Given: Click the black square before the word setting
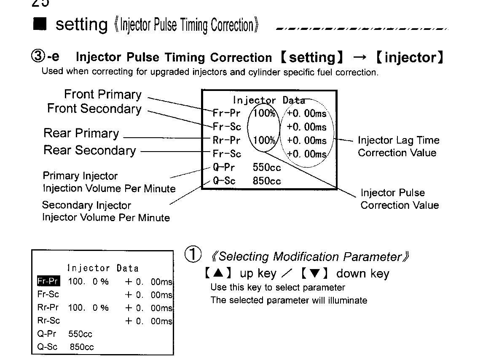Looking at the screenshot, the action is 40,24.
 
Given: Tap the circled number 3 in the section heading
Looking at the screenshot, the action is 38,56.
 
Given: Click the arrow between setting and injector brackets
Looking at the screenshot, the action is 359,57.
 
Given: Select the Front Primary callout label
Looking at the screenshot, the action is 103,94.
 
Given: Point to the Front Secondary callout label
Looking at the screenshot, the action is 94,109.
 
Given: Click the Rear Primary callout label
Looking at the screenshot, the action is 81,133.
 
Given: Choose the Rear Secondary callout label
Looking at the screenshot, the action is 89,150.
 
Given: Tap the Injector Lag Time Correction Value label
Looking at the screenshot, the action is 398,147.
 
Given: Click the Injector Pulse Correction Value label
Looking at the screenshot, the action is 400,199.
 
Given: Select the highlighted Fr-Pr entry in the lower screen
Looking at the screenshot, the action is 48,281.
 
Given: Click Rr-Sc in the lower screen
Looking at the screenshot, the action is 48,320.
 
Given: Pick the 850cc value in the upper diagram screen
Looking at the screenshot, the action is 267,181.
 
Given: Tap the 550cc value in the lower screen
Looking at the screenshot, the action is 80,334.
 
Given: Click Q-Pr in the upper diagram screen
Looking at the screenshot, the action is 223,167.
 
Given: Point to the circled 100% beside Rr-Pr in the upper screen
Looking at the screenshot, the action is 264,140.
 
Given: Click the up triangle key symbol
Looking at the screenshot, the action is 218,273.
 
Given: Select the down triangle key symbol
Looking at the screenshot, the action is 314,273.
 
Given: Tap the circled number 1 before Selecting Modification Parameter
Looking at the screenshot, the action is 193,254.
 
